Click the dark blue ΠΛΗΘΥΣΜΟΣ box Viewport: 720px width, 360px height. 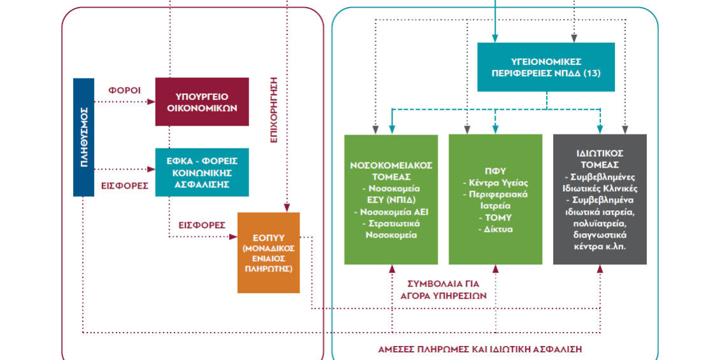point(85,136)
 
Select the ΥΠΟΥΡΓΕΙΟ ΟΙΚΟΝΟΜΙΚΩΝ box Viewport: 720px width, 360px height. point(202,101)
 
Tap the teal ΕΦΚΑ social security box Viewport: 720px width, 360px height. point(202,172)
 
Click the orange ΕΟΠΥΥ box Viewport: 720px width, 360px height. point(268,252)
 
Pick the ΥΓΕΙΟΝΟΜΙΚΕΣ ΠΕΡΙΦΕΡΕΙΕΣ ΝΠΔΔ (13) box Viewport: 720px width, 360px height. point(546,67)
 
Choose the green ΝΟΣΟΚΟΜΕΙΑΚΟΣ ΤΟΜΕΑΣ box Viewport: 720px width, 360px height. point(391,199)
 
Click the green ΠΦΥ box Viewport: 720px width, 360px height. point(495,199)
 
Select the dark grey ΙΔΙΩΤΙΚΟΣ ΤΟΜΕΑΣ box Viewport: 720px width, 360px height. point(600,199)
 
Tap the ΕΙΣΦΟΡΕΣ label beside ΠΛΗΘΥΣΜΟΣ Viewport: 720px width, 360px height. point(126,186)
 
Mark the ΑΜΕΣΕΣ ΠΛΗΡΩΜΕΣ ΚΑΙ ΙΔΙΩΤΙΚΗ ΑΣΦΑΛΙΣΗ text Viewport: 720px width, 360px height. point(480,349)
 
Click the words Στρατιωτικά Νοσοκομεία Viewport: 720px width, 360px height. point(391,229)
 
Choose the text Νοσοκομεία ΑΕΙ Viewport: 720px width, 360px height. point(391,212)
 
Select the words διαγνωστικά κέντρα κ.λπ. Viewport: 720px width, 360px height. point(600,240)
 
